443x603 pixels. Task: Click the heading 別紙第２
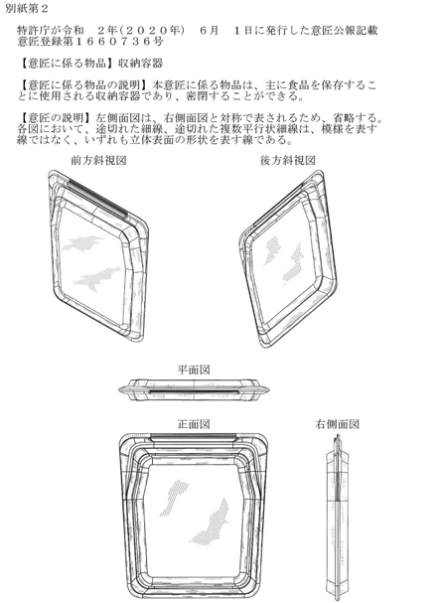27,9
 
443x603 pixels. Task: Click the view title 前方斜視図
98,160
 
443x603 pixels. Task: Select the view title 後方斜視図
288,160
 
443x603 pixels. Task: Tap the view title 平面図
194,370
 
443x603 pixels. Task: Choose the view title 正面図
194,424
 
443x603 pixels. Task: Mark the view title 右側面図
338,424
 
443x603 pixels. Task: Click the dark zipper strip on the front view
194,436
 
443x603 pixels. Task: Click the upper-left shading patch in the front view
174,498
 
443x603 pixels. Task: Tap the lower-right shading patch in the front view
210,523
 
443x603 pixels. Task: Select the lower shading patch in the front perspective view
96,277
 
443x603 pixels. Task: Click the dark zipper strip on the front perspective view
97,196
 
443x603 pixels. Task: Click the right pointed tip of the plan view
269,390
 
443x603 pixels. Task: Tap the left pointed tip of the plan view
119,390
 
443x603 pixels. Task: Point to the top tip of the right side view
338,435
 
